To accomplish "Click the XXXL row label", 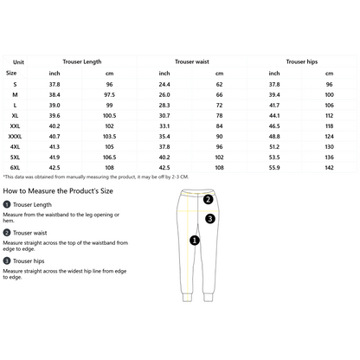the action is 15,136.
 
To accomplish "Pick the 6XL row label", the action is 13,167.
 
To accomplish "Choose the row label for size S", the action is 12,84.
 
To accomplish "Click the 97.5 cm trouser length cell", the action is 109,94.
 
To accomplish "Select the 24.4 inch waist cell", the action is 164,84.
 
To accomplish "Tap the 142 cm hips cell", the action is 330,167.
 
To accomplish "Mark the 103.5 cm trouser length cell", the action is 109,136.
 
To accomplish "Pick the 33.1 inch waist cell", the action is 164,125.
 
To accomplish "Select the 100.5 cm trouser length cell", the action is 109,115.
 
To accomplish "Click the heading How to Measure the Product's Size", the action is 57,189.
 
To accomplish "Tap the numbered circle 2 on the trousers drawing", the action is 209,199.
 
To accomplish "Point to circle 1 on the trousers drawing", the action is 195,239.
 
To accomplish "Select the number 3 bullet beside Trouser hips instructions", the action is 7,260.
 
